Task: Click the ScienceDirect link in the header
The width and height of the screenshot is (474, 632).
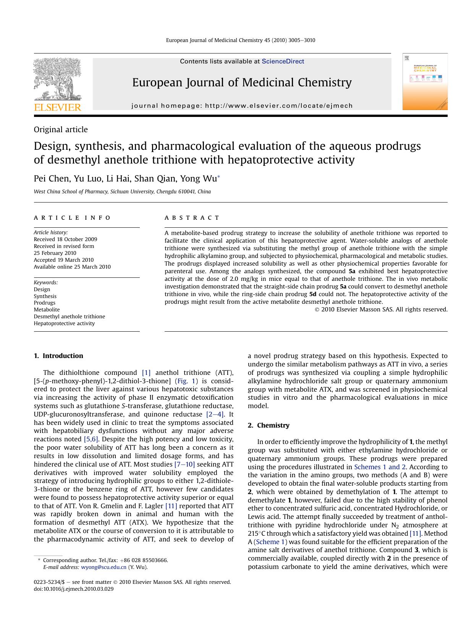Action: point(283,61)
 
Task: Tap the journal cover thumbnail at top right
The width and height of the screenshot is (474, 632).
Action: point(425,82)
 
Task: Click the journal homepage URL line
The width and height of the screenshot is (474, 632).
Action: point(242,106)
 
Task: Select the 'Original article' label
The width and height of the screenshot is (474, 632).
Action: point(61,130)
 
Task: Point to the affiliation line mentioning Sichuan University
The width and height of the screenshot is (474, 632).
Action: point(122,192)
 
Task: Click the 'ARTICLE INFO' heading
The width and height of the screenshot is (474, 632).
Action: point(72,218)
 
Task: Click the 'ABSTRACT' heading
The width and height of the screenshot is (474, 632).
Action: point(192,218)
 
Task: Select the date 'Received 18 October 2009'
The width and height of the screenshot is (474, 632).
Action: point(65,239)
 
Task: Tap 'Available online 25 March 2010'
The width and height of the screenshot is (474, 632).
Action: point(72,267)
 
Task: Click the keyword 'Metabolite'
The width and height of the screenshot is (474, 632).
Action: point(47,310)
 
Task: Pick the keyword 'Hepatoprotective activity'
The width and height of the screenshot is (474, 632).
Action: point(64,323)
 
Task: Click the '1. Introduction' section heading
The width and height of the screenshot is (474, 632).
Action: point(58,356)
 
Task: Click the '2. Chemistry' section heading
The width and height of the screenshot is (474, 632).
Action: point(269,425)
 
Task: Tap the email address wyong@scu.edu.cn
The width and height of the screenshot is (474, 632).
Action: point(104,567)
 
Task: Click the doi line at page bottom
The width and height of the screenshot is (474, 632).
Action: point(74,589)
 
